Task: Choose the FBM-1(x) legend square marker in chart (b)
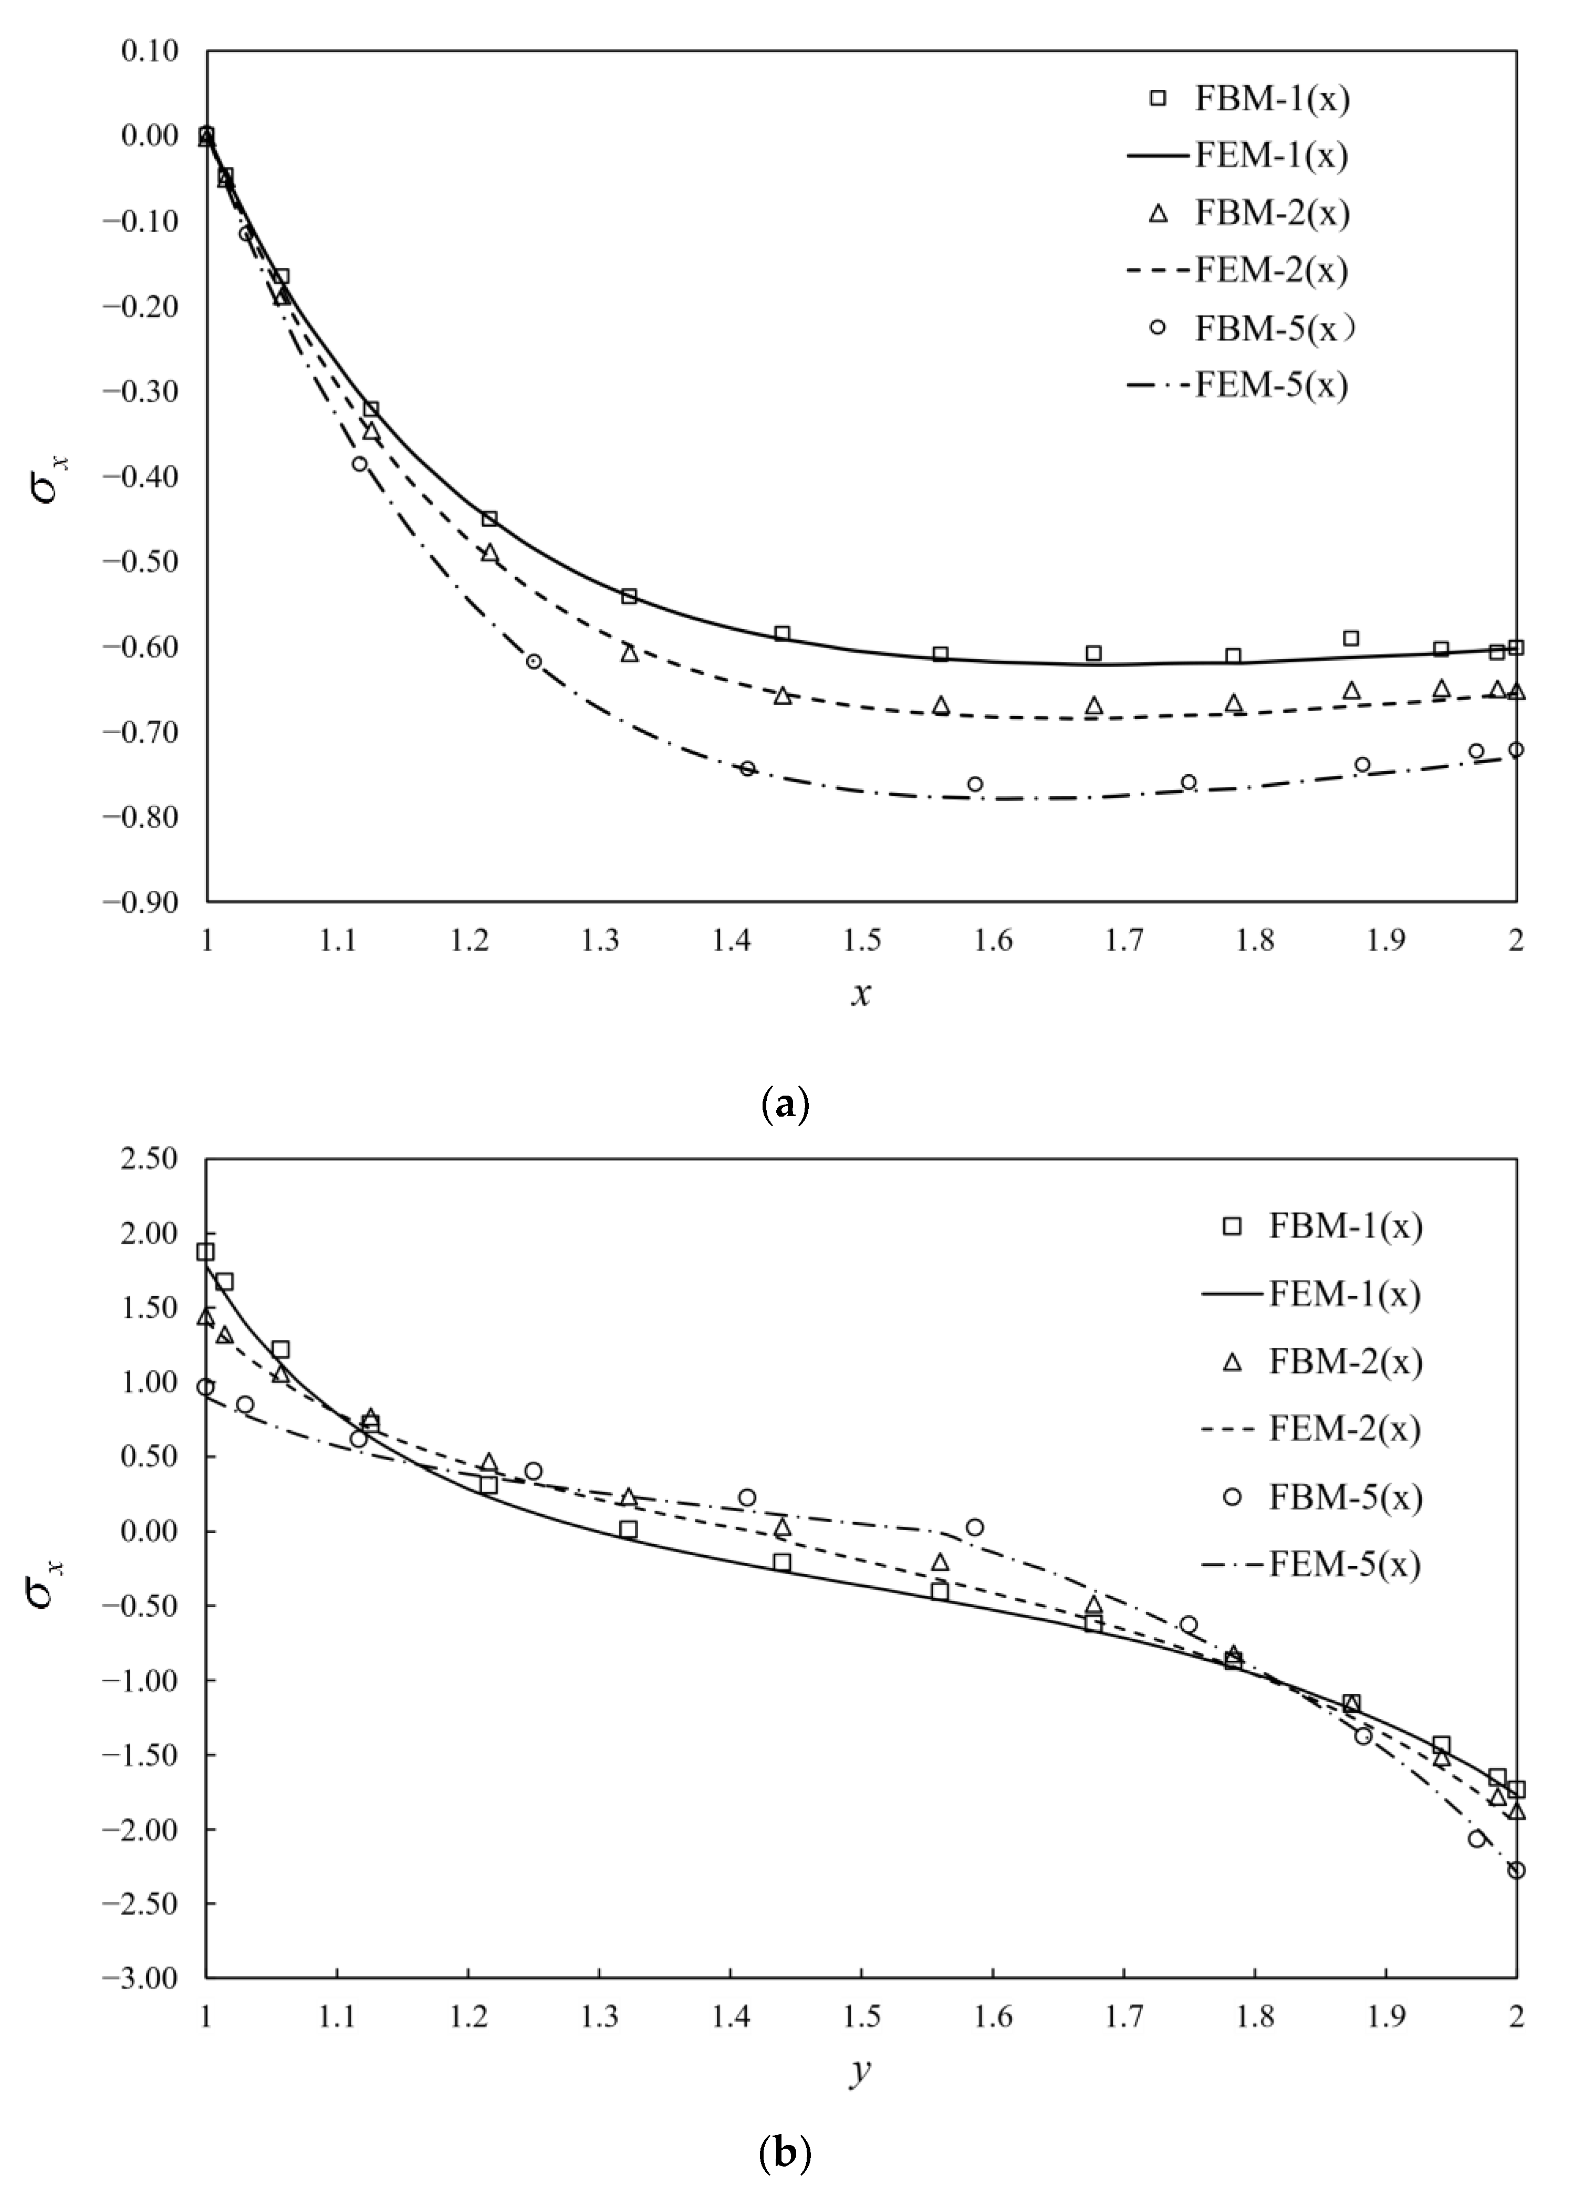point(1232,1227)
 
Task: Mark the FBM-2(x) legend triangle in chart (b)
point(1232,1362)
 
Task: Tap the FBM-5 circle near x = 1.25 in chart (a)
point(534,661)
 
